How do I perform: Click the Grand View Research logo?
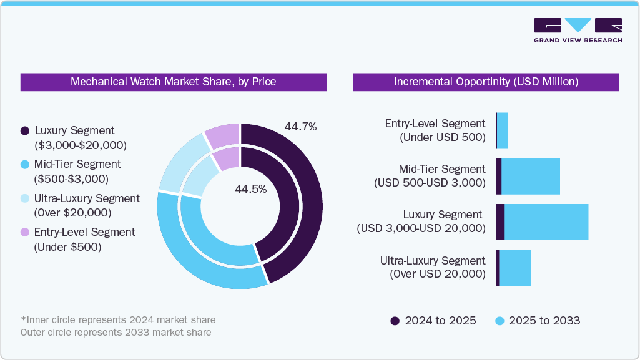coord(578,29)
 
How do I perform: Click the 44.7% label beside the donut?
coord(300,127)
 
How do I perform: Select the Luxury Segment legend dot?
coord(25,131)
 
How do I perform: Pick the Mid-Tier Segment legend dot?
coord(25,165)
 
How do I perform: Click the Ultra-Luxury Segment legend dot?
coord(25,198)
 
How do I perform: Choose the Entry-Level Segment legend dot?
coord(25,232)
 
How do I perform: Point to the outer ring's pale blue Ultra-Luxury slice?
coord(179,162)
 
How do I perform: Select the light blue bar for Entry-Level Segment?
coord(503,131)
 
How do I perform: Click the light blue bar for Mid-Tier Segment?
coord(531,177)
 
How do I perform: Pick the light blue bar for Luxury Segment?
coord(546,222)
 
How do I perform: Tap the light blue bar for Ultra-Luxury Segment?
coord(515,268)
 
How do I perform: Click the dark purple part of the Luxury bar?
coord(500,222)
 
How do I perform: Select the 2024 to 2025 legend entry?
coord(433,321)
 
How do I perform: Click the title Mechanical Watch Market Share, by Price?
coord(173,82)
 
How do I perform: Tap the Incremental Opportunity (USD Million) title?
coord(486,82)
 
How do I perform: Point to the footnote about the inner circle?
coord(118,320)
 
